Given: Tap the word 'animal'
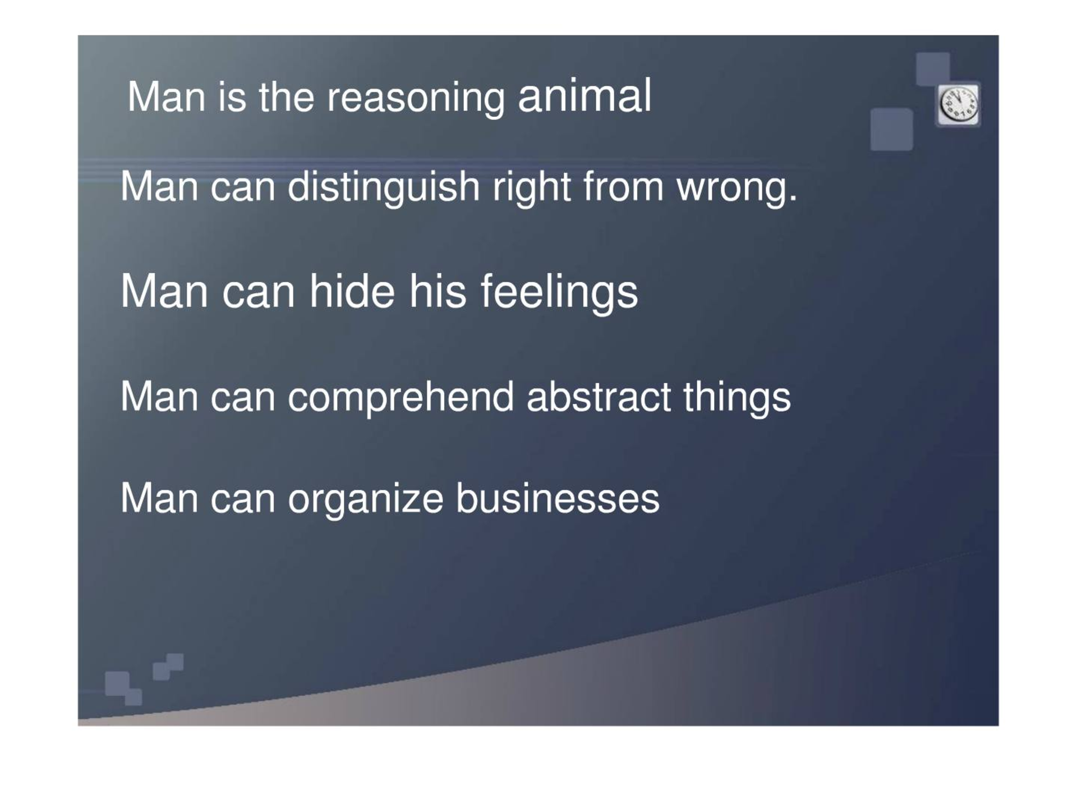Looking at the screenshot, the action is pos(584,96).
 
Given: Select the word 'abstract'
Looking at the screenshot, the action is pos(599,397).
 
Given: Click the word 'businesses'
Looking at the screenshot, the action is pos(558,498).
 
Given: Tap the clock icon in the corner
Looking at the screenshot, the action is pos(958,105).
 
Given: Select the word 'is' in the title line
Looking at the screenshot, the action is pos(232,98).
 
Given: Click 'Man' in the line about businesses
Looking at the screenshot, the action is pos(159,498).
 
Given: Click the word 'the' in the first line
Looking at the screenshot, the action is pos(286,98).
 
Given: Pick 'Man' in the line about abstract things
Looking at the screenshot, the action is pos(159,397).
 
